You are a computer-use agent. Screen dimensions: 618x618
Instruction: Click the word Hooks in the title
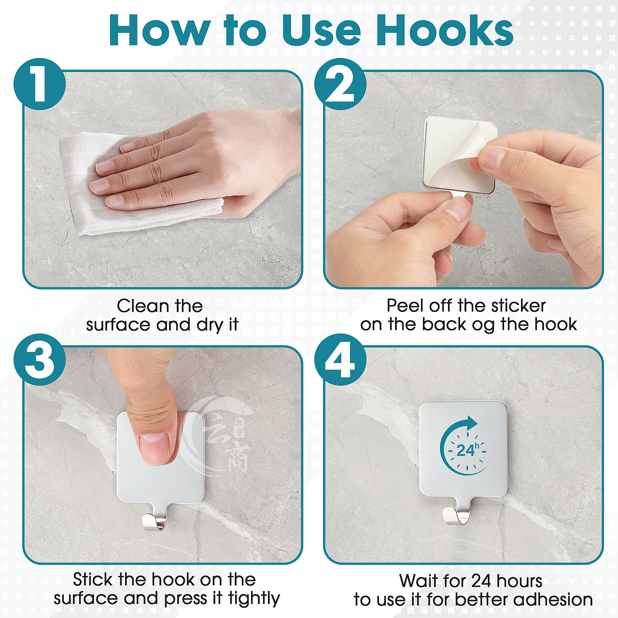(445, 30)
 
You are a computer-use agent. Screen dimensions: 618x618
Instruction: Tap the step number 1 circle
(40, 84)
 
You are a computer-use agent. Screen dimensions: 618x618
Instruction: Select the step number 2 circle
(340, 84)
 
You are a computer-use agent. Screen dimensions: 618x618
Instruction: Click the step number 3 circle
(40, 360)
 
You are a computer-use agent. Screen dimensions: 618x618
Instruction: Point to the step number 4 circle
(340, 360)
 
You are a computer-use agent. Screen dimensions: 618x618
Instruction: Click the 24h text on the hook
(468, 449)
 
